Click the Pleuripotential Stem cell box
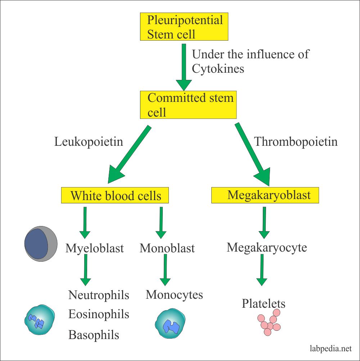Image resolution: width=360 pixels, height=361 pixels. [184, 27]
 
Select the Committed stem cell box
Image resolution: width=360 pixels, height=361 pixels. [188, 105]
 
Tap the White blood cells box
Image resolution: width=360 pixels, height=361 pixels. [115, 195]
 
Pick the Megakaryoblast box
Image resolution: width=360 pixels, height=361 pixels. [266, 195]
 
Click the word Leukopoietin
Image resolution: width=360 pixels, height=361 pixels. [89, 141]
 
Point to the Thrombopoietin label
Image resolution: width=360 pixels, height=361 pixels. [296, 141]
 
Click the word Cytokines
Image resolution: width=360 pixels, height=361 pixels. [218, 68]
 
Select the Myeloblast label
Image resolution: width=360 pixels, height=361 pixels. [95, 248]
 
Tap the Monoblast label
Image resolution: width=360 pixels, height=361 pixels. [167, 248]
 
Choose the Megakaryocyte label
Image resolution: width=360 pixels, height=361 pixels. [267, 247]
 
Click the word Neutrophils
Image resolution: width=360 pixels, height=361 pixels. [99, 295]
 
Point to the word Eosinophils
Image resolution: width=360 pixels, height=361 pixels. [99, 314]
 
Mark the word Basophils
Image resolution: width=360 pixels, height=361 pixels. [94, 335]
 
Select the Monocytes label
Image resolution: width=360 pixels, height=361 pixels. [174, 295]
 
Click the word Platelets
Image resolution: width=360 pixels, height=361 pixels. [264, 303]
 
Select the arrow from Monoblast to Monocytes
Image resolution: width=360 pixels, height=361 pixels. [165, 270]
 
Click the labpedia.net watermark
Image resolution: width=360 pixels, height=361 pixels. [330, 348]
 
